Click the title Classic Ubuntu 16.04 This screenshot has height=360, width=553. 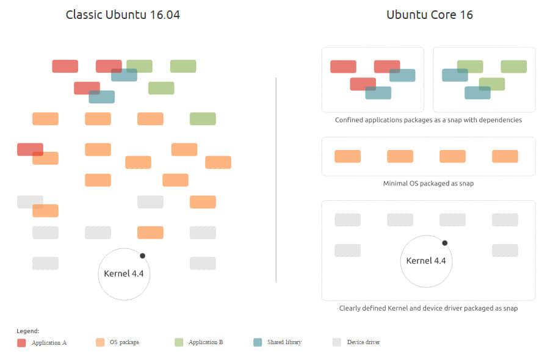tap(123, 15)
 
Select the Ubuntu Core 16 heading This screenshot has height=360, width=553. tap(430, 15)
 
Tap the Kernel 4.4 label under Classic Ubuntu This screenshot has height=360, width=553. tap(124, 273)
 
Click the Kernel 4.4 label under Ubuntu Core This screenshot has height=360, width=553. tap(426, 261)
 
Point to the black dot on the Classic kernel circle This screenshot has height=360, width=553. tap(142, 256)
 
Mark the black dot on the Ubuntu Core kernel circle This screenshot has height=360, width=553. tap(445, 243)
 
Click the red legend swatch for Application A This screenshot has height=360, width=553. tap(21, 343)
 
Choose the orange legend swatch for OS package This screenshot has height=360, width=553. tap(100, 342)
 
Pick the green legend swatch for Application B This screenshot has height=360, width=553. tap(179, 342)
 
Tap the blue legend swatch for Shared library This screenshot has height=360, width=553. tap(258, 342)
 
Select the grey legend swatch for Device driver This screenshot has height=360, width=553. tap(337, 342)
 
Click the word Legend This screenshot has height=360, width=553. tap(27, 331)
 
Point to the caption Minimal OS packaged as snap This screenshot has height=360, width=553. tap(428, 183)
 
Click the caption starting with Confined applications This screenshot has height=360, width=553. tap(428, 120)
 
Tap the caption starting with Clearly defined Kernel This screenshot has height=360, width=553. tap(428, 308)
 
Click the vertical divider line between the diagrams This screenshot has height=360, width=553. tap(276, 180)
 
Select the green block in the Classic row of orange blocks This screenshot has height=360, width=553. tap(203, 119)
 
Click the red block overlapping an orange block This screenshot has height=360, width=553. tap(30, 149)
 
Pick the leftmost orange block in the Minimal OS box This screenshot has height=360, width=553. tap(348, 156)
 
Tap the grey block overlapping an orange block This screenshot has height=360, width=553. tap(30, 202)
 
